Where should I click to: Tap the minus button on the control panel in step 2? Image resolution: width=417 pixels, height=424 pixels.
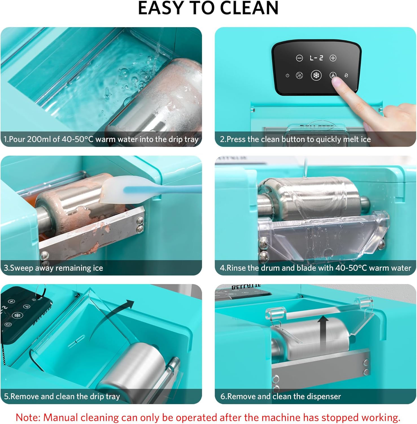click(x=299, y=58)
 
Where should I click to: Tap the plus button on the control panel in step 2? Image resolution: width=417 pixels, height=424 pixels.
click(x=333, y=58)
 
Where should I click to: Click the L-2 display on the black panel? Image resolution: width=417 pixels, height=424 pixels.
click(x=316, y=58)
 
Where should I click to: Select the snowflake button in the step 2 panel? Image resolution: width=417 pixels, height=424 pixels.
click(x=316, y=75)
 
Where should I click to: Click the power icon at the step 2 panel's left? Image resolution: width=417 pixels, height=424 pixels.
click(x=287, y=75)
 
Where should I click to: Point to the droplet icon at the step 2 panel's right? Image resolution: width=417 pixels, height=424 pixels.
click(x=346, y=75)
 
